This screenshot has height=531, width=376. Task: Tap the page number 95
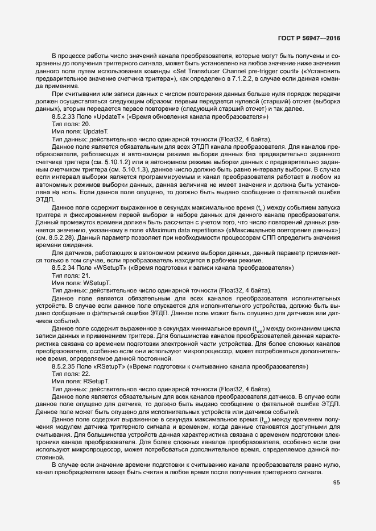[336, 483]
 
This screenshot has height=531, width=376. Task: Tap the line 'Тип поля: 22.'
[71, 374]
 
